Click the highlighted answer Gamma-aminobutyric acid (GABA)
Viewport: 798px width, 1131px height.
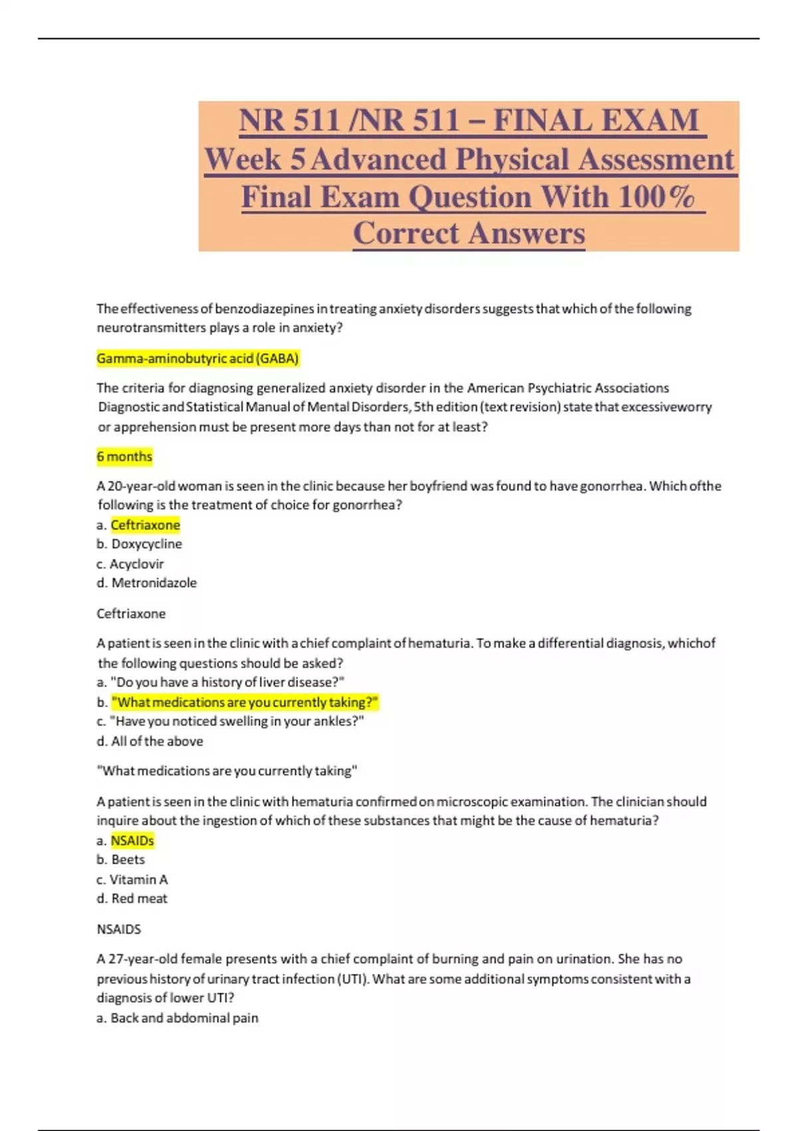198,359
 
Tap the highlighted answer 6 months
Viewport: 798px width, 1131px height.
124,456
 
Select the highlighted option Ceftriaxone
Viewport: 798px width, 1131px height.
145,525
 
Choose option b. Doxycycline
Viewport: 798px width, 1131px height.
139,544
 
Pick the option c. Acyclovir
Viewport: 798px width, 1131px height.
130,564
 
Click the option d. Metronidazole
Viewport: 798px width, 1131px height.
146,583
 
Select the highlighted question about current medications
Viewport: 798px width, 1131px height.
245,702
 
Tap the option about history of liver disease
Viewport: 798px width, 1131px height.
221,683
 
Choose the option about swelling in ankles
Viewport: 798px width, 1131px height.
230,721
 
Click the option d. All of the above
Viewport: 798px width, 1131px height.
150,741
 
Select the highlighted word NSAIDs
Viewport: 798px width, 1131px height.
132,840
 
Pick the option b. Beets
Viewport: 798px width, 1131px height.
120,860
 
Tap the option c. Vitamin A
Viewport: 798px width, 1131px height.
132,880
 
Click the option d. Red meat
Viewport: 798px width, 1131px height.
132,899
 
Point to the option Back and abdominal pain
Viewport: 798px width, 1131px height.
178,1018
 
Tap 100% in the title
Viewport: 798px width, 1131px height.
656,197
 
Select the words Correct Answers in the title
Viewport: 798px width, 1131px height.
469,234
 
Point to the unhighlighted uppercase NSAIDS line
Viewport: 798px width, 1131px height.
119,929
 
